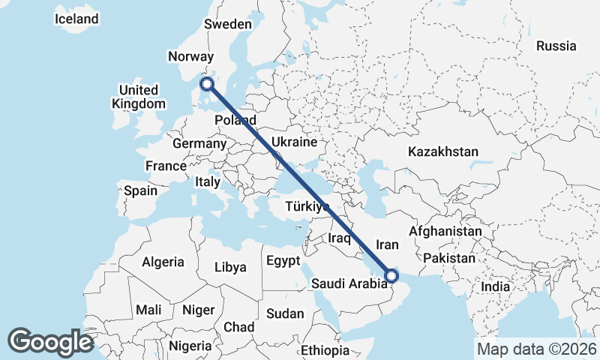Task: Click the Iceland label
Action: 76,19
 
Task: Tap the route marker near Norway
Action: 206,85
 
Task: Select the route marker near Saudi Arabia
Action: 391,275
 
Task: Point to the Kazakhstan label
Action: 442,151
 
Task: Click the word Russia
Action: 556,46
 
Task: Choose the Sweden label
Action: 228,24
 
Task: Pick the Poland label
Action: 235,120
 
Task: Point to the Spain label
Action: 140,190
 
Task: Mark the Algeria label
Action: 163,262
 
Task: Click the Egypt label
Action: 283,261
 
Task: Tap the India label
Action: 495,286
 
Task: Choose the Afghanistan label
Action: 445,232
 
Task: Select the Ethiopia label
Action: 325,350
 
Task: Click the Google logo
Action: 50,341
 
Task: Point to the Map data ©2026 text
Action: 536,349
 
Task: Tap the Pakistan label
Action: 449,258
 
